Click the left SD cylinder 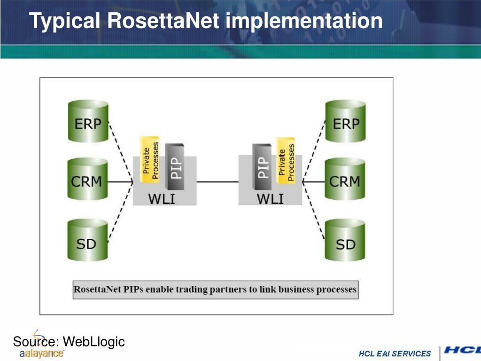(x=87, y=241)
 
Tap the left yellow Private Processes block (x=150, y=160)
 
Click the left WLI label (x=161, y=199)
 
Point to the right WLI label (x=270, y=199)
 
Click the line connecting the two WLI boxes (x=217, y=181)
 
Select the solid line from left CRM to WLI (x=120, y=181)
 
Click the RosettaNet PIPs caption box (x=215, y=290)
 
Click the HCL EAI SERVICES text (x=395, y=353)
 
